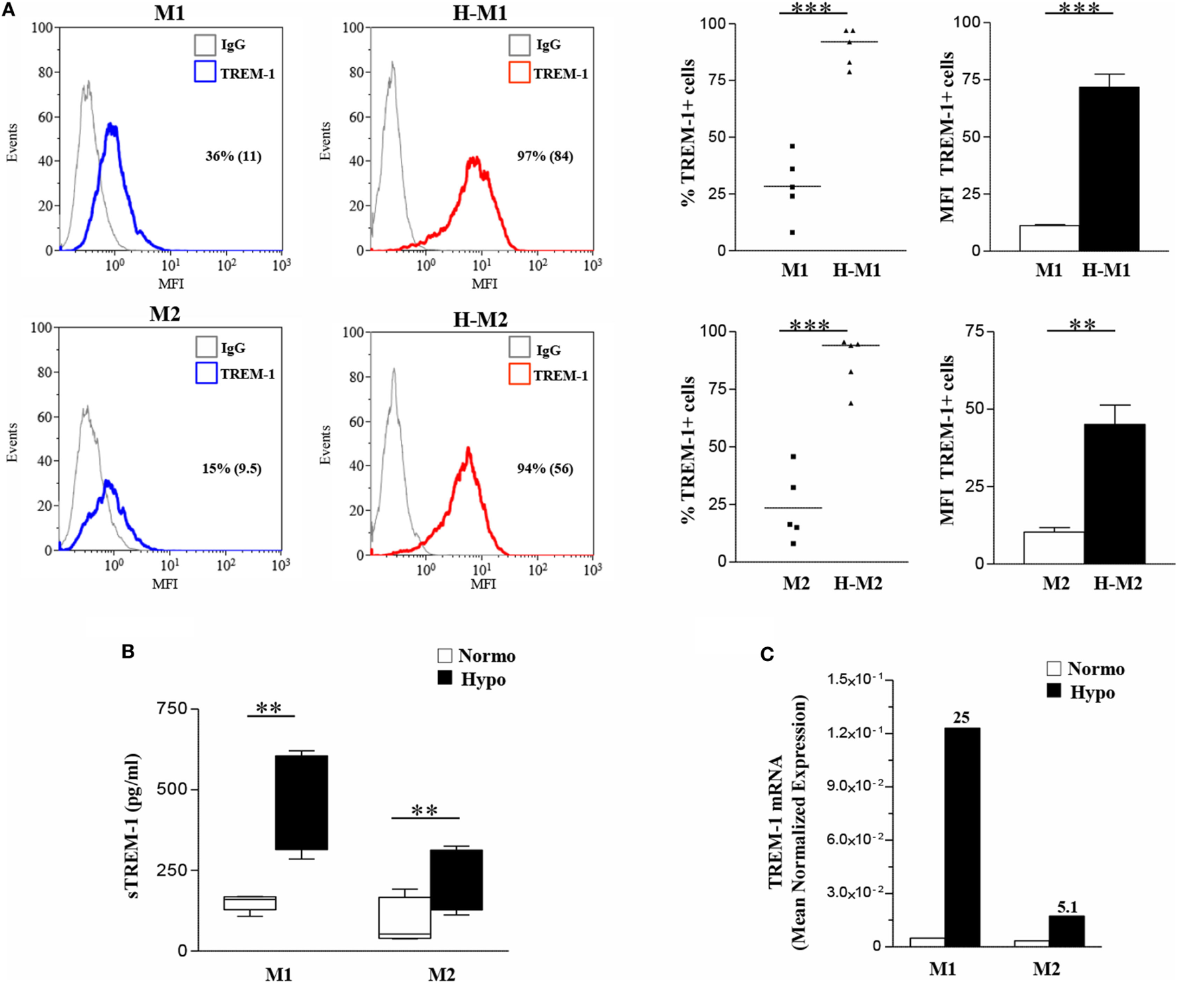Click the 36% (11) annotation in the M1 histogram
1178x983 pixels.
click(x=233, y=157)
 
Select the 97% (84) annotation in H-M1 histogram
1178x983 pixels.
click(x=544, y=156)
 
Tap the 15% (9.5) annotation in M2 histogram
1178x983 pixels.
click(x=231, y=469)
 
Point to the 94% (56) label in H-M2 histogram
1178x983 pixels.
click(x=544, y=469)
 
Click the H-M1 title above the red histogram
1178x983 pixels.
click(x=479, y=13)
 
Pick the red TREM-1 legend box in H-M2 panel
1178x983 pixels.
click(x=519, y=374)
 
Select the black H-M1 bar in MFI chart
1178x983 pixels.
click(x=1108, y=169)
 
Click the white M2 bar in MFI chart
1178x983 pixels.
click(x=1053, y=547)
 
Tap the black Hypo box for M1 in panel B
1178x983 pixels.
click(x=301, y=802)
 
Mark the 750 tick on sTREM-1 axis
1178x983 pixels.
click(x=172, y=709)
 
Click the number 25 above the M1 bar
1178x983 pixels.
click(x=961, y=718)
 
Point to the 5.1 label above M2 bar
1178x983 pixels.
click(x=1067, y=907)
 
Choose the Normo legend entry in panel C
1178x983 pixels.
click(x=1085, y=669)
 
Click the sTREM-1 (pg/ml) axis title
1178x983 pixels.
click(x=134, y=826)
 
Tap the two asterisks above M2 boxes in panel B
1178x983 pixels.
click(x=424, y=810)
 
